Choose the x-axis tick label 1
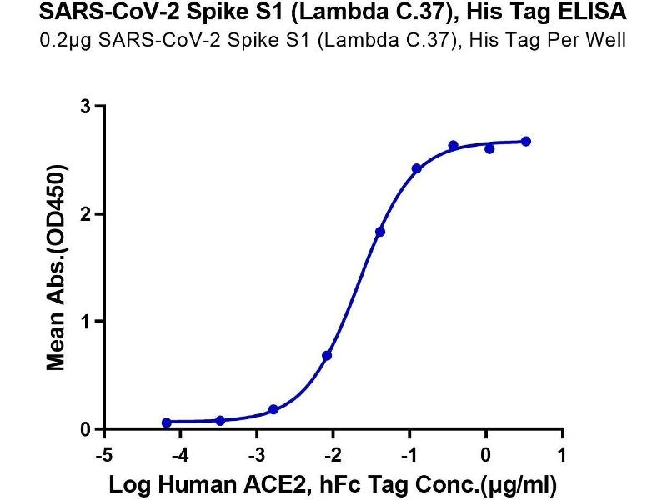point(564,455)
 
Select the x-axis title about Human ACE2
point(333,483)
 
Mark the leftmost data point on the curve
point(167,422)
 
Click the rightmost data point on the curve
point(526,142)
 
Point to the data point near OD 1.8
point(380,232)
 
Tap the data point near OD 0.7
point(327,356)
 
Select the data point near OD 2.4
point(416,168)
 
